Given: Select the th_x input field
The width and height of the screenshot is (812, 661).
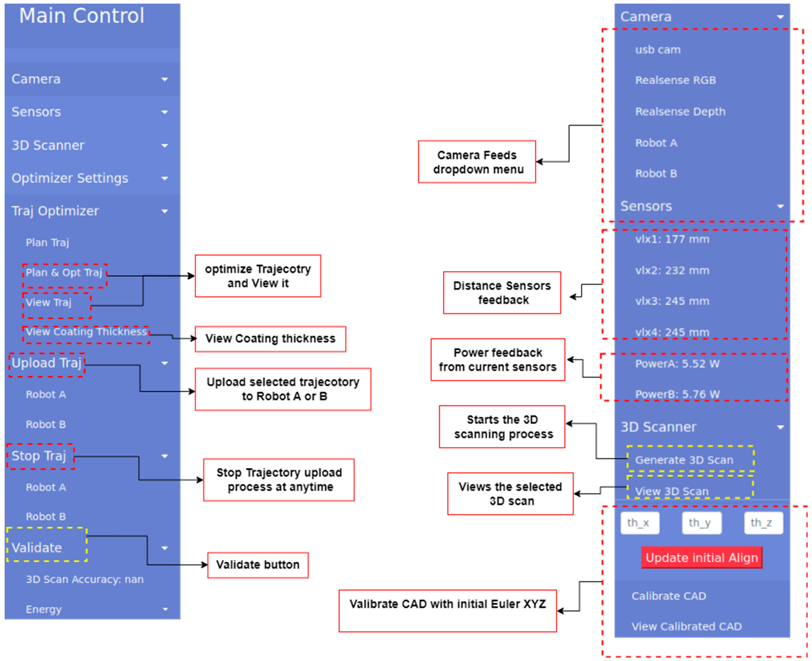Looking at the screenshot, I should pyautogui.click(x=640, y=523).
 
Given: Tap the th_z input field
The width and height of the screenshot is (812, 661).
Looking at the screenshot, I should pyautogui.click(x=763, y=523).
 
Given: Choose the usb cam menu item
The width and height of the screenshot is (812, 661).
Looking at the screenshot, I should pyautogui.click(x=657, y=50).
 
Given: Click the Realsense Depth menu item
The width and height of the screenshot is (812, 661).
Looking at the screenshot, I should pyautogui.click(x=680, y=112).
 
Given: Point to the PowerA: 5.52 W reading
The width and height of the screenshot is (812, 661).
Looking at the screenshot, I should pyautogui.click(x=677, y=364).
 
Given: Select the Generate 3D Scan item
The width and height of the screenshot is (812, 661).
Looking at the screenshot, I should pyautogui.click(x=684, y=460).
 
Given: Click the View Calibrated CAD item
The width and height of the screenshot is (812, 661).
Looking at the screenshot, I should pyautogui.click(x=686, y=626).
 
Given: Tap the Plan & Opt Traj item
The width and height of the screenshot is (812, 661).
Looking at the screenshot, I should pyautogui.click(x=64, y=273).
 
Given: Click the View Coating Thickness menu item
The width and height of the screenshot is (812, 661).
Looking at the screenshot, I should pyautogui.click(x=86, y=332).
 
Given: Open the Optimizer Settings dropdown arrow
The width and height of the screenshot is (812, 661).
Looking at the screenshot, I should pyautogui.click(x=165, y=178).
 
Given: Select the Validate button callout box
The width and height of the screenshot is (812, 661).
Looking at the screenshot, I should pyautogui.click(x=258, y=565).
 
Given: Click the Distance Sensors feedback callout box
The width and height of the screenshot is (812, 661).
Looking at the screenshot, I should pyautogui.click(x=502, y=293).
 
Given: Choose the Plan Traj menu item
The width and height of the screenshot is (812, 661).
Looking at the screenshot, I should pyautogui.click(x=47, y=242).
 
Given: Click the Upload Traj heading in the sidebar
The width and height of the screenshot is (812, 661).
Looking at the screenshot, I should pyautogui.click(x=46, y=363).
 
